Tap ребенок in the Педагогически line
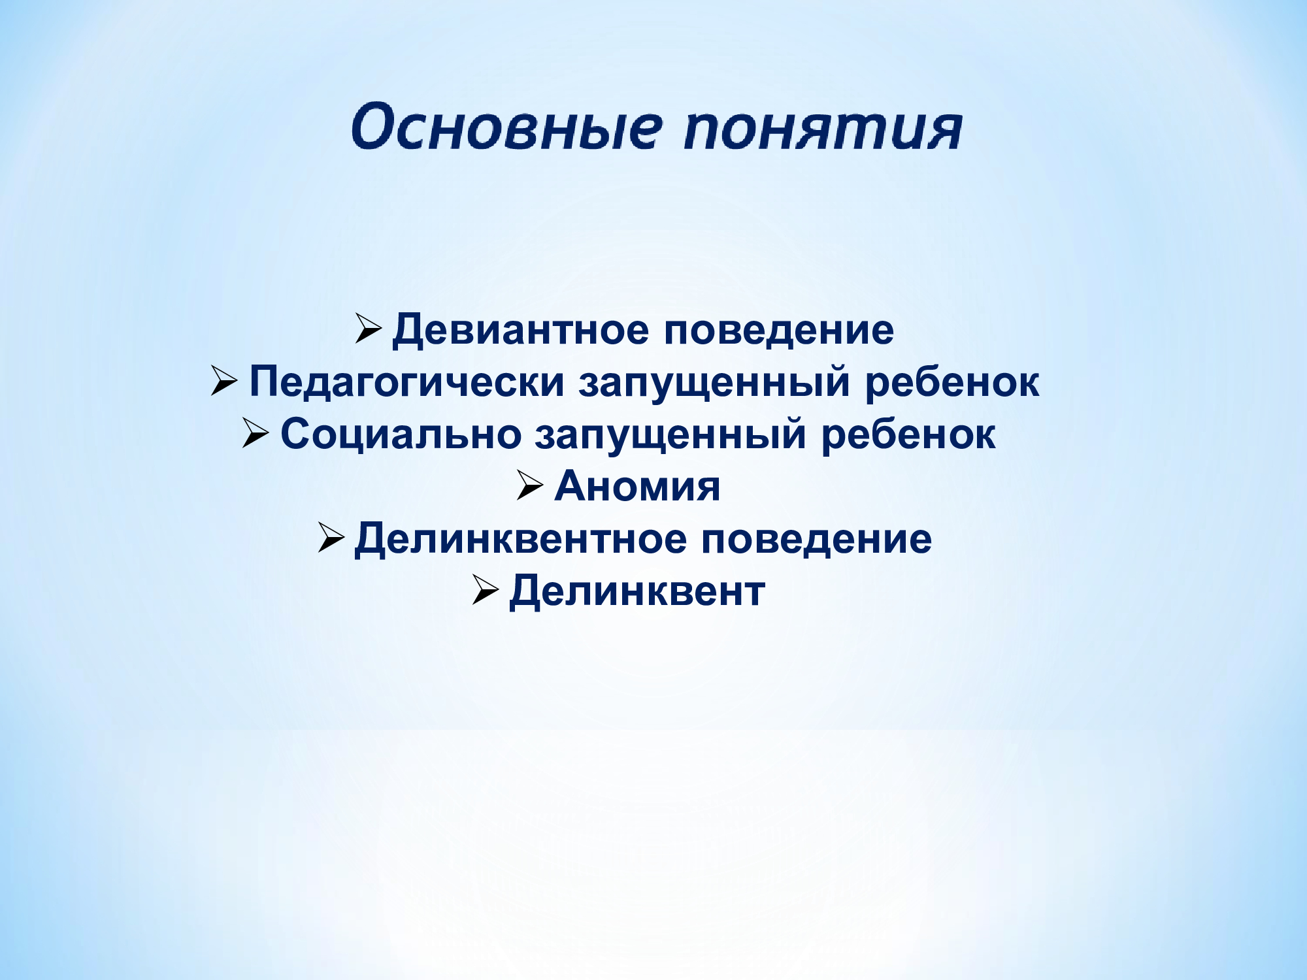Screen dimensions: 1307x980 pyautogui.click(x=951, y=382)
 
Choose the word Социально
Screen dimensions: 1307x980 pyautogui.click(x=401, y=434)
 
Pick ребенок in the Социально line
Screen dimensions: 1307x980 pyautogui.click(x=908, y=434)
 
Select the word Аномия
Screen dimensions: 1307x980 pyautogui.click(x=637, y=486)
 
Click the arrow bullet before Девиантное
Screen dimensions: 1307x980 pyautogui.click(x=369, y=329)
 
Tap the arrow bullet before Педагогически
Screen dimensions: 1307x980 pyautogui.click(x=224, y=381)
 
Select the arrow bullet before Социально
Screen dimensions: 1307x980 pyautogui.click(x=256, y=433)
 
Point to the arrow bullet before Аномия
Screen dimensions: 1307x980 pyautogui.click(x=530, y=485)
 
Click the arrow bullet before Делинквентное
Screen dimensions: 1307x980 pyautogui.click(x=331, y=538)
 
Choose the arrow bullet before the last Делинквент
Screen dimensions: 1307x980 pyautogui.click(x=486, y=590)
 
